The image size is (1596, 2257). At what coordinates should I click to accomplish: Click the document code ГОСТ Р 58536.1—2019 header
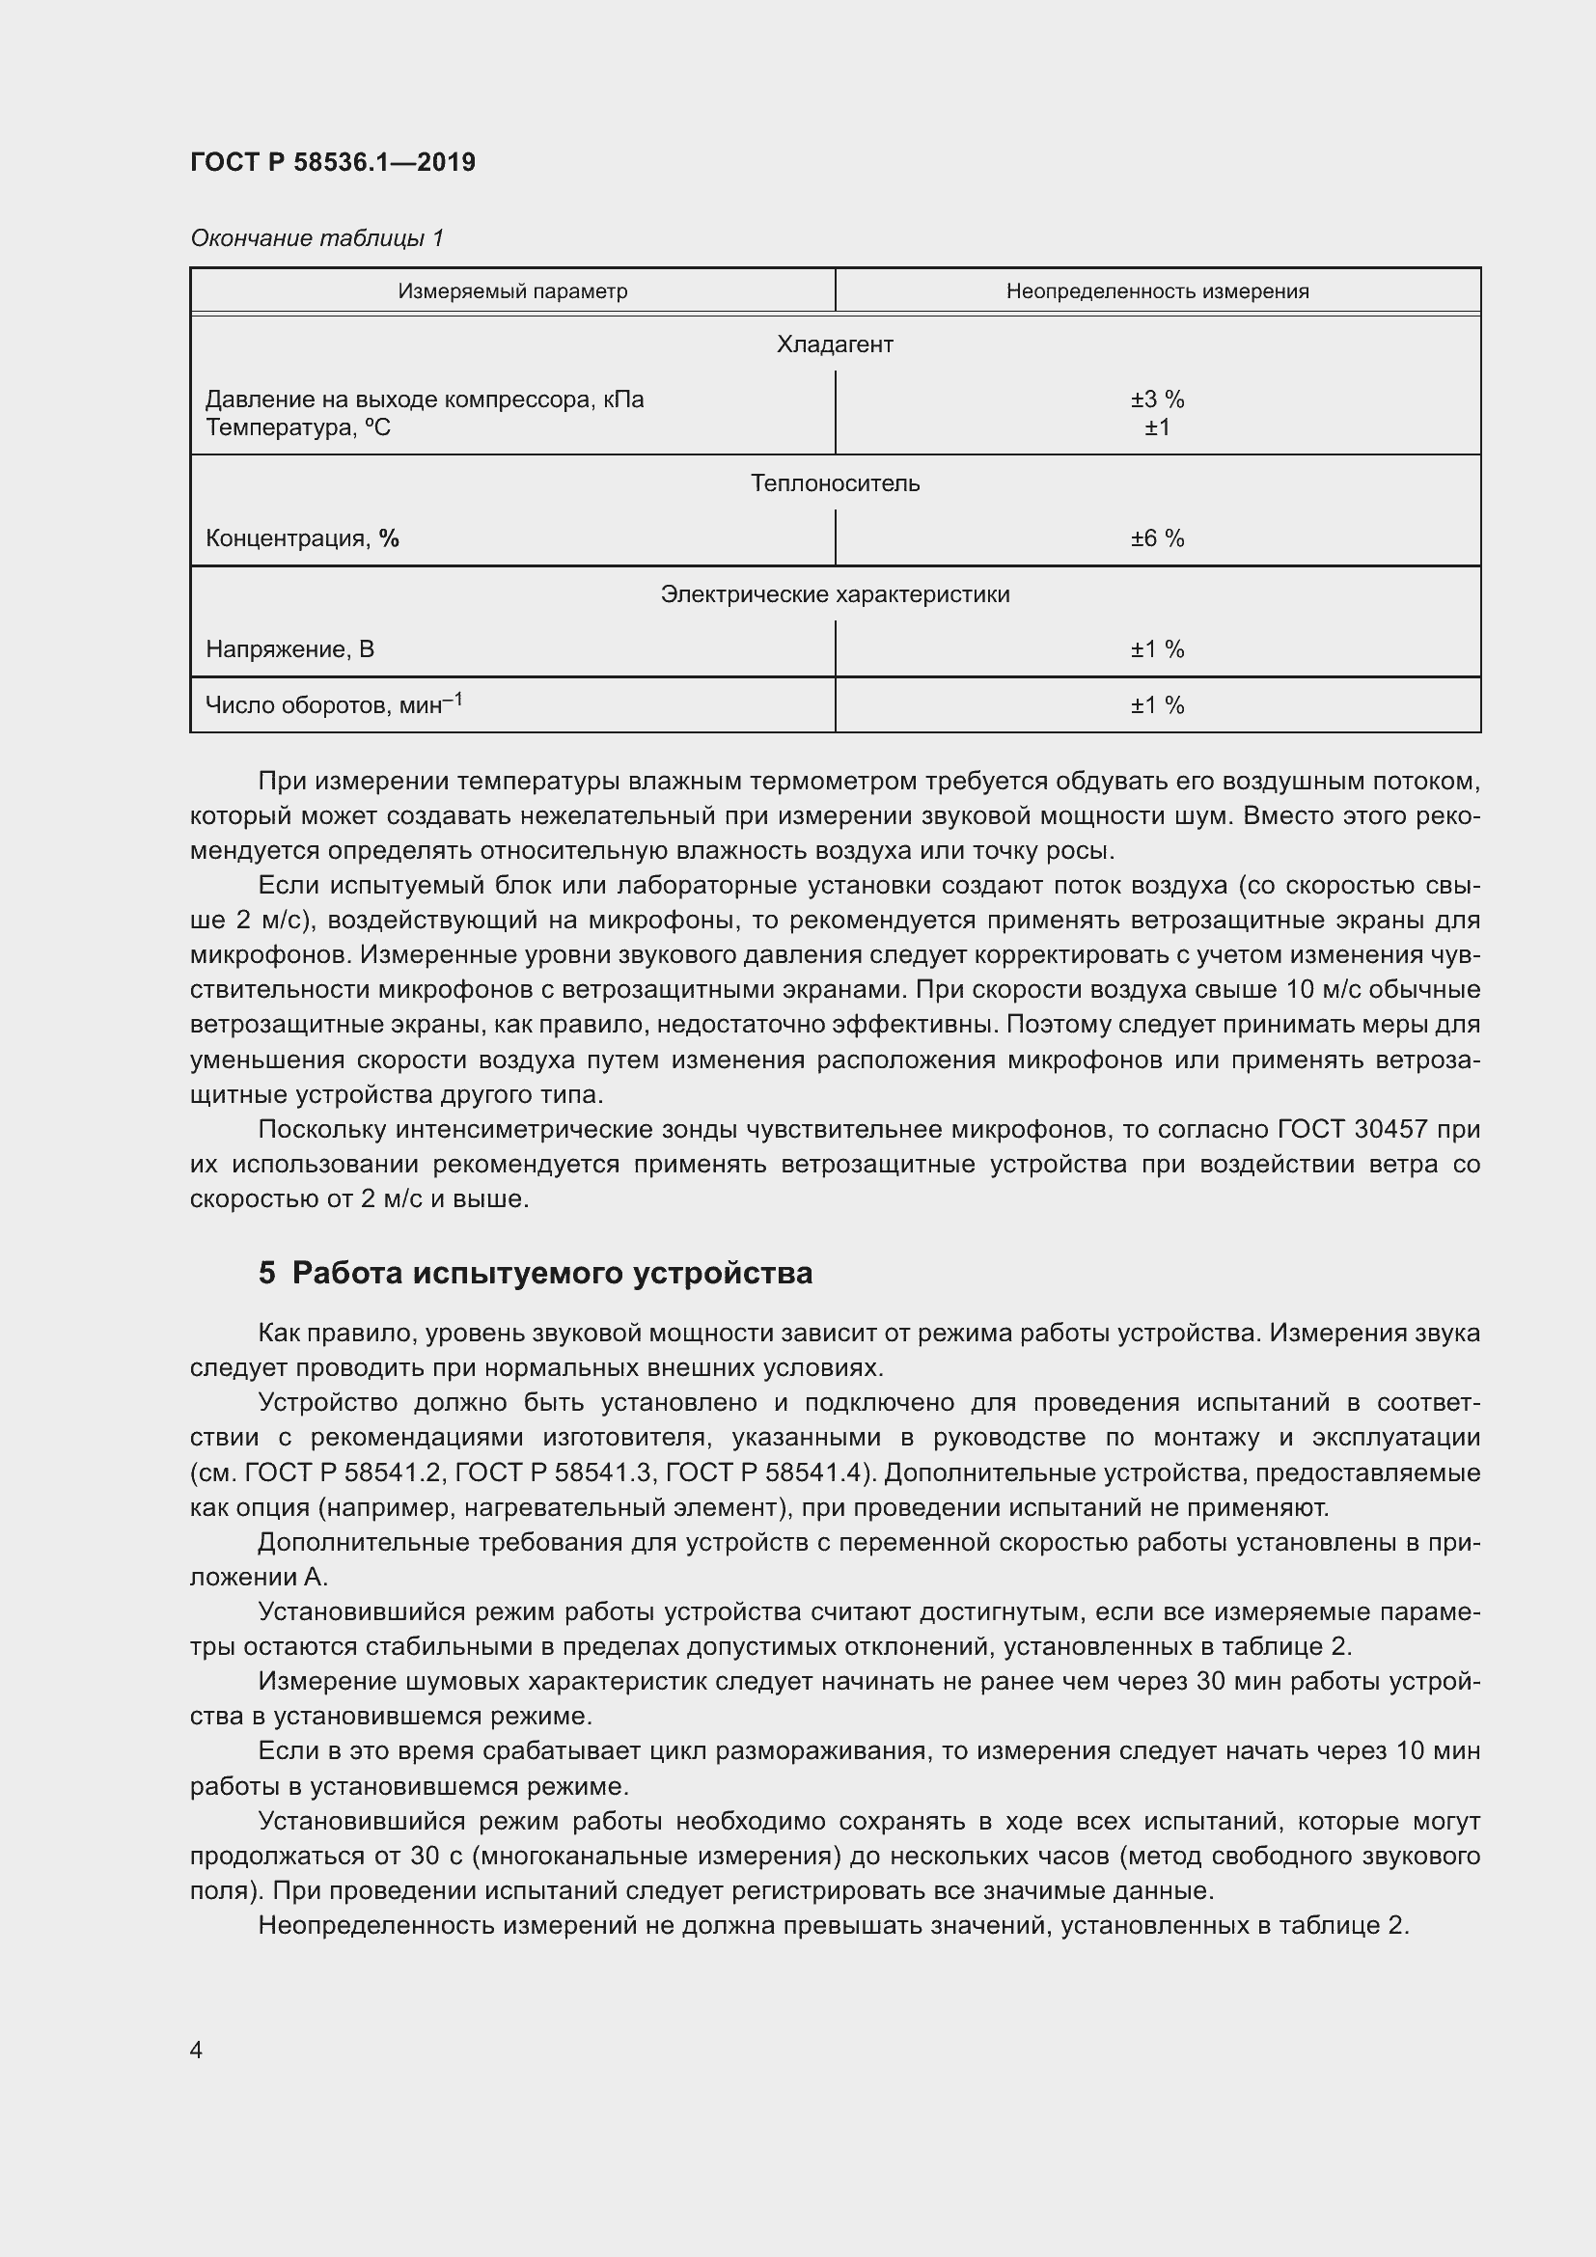pyautogui.click(x=332, y=162)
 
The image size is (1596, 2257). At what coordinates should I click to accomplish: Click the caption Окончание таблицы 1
pyautogui.click(x=316, y=238)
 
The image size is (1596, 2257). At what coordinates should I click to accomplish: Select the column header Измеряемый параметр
pyautogui.click(x=512, y=291)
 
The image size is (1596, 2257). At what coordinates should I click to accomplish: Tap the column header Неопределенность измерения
pyautogui.click(x=1157, y=291)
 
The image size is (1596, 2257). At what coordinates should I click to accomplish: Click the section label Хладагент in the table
pyautogui.click(x=835, y=345)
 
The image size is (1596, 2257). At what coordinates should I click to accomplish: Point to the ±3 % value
pyautogui.click(x=1157, y=400)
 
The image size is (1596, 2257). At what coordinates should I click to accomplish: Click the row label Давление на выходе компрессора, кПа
pyautogui.click(x=425, y=400)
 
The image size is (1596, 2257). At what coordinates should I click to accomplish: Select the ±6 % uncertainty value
pyautogui.click(x=1157, y=538)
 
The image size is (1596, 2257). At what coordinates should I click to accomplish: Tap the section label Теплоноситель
pyautogui.click(x=835, y=483)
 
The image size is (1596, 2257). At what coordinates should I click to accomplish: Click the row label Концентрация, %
pyautogui.click(x=302, y=538)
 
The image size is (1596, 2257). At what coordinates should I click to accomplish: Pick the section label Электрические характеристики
pyautogui.click(x=835, y=594)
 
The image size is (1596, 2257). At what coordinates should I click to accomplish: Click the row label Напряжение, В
pyautogui.click(x=289, y=649)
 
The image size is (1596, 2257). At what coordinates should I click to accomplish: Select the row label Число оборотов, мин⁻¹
pyautogui.click(x=333, y=704)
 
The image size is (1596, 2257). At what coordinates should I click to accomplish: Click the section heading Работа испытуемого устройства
pyautogui.click(x=552, y=1273)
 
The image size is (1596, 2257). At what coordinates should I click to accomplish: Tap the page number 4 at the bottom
pyautogui.click(x=197, y=2051)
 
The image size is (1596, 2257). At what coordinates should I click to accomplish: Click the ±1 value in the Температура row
pyautogui.click(x=1157, y=427)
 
